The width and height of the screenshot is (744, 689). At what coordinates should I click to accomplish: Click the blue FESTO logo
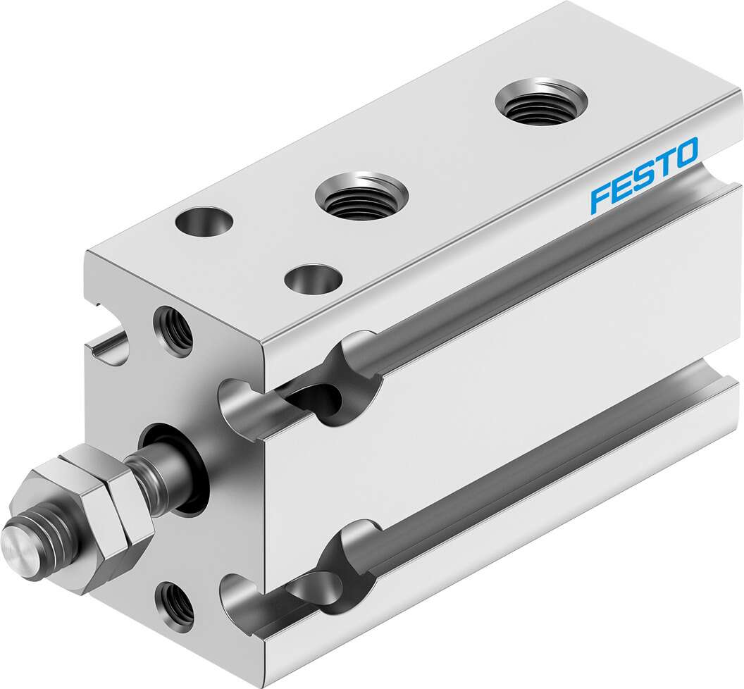point(643,173)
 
